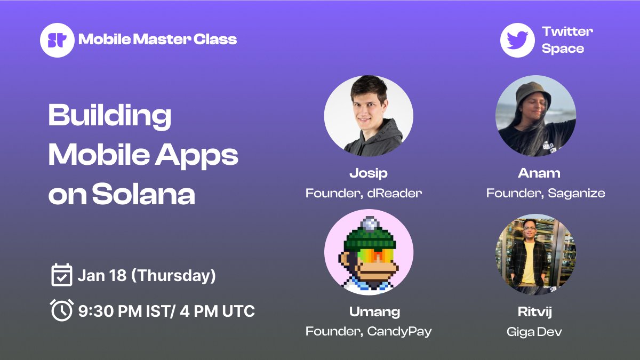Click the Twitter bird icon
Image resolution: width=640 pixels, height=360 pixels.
coord(517,40)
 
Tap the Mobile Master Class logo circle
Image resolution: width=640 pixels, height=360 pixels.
coord(57,40)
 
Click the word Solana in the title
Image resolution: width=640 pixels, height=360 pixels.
coord(143,195)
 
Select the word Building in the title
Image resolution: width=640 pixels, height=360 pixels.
coord(110,115)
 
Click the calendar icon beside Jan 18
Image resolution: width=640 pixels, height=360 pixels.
coord(61,275)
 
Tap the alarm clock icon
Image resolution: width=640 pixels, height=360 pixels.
coord(61,310)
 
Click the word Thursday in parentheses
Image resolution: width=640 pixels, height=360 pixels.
coord(173,276)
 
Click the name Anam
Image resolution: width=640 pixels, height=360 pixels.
coord(539,173)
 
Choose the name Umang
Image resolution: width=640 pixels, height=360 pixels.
coord(369,311)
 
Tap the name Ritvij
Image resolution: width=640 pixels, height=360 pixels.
coord(534,311)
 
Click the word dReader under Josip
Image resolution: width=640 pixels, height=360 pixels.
coord(395,193)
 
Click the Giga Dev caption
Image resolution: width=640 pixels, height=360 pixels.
coord(534,332)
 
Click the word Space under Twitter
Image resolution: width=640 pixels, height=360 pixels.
coord(563,49)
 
